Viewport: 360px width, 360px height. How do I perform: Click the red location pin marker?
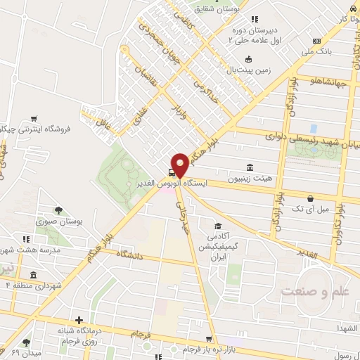(180, 165)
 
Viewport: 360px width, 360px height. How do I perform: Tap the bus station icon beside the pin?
(172, 172)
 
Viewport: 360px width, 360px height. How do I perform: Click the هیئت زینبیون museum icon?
(250, 167)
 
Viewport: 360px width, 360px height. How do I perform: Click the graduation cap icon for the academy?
(218, 226)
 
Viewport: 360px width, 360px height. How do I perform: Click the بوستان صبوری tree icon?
(58, 210)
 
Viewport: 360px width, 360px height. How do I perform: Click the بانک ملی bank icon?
(316, 41)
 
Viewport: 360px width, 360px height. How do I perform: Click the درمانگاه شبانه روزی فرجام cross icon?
(79, 320)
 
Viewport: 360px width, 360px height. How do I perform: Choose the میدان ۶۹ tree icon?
(26, 342)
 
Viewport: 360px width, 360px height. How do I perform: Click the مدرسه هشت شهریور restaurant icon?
(26, 239)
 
